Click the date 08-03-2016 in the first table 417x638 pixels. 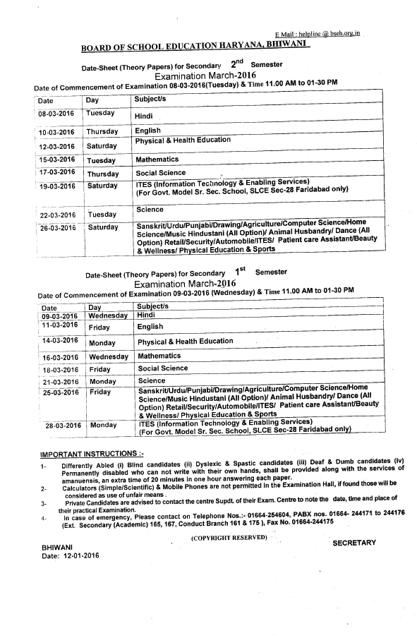pos(56,114)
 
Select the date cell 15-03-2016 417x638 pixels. pos(56,160)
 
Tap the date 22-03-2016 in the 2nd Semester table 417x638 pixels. pos(58,215)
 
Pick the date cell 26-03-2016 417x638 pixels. pos(58,228)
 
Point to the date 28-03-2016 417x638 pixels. pos(64,426)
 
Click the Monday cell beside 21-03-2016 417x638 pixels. pos(103,382)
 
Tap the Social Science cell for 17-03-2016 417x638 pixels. pos(162,173)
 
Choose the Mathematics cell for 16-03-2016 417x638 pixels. pos(159,356)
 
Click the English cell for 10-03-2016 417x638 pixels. pos(148,131)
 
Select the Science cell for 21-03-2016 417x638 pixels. pos(152,381)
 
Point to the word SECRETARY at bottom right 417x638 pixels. pos(354,523)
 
